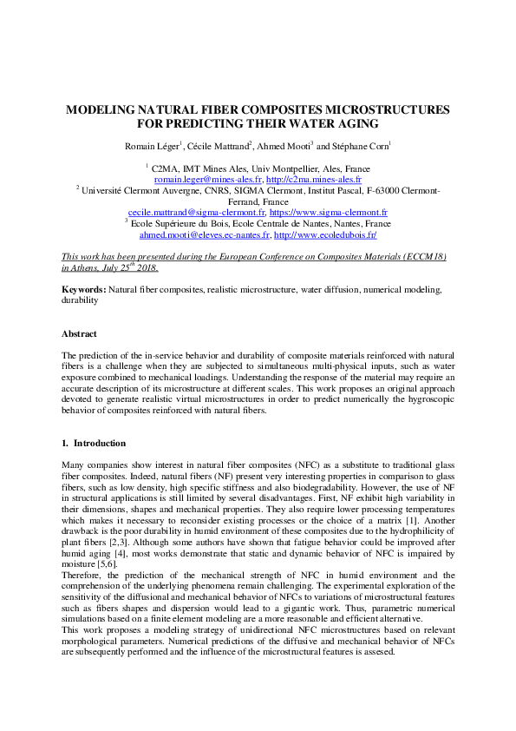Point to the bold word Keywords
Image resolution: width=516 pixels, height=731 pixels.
tap(83, 288)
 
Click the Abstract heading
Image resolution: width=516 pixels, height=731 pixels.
tap(79, 333)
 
